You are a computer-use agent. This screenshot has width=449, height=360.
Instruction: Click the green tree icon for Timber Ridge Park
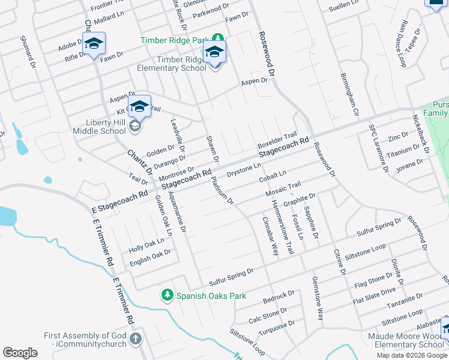(218, 40)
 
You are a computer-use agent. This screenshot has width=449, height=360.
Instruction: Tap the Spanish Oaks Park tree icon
(167, 295)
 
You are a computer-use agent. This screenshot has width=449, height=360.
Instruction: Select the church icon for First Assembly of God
(136, 339)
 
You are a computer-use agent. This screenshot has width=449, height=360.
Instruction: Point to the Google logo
(20, 353)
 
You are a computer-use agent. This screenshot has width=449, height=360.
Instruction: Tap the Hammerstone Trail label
(283, 227)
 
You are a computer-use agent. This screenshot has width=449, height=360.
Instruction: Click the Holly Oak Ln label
(146, 245)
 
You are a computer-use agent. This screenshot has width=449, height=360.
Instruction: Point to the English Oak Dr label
(151, 256)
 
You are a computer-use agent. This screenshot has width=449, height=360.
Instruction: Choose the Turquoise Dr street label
(277, 328)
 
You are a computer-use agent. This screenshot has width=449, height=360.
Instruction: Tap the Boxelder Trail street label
(277, 142)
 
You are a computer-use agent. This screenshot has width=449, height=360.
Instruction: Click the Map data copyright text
(411, 355)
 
